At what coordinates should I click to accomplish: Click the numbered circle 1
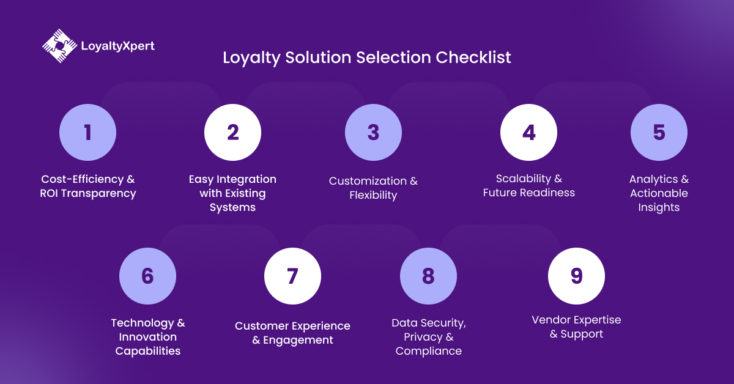(87, 133)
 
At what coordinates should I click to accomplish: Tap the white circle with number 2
(232, 133)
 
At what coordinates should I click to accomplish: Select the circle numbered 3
(373, 133)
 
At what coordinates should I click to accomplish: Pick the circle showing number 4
(528, 133)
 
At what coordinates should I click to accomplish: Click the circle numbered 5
(659, 133)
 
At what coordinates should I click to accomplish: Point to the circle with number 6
(147, 276)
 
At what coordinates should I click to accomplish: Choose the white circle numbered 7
(292, 276)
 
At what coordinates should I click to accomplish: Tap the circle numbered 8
(428, 276)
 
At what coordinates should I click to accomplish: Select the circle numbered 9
(576, 276)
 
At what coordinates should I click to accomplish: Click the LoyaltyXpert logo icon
(59, 45)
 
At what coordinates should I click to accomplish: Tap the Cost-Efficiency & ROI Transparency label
(88, 186)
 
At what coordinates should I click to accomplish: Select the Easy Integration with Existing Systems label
(232, 193)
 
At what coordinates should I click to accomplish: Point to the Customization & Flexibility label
(373, 188)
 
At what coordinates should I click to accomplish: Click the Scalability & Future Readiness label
(529, 186)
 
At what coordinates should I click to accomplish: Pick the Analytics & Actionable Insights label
(659, 193)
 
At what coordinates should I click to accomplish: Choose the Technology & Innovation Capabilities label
(148, 337)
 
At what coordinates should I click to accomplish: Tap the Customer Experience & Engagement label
(292, 333)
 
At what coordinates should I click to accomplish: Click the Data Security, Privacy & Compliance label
(429, 337)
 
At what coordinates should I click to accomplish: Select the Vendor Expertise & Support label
(576, 327)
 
